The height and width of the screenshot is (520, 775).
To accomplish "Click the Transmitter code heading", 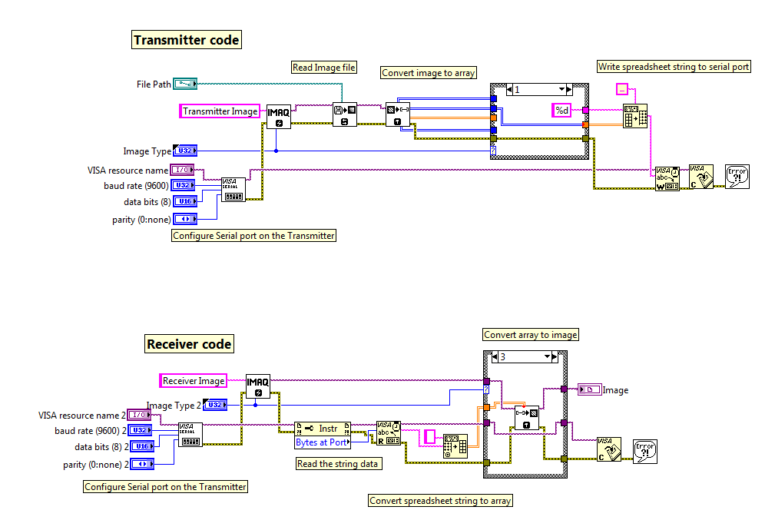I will click(187, 40).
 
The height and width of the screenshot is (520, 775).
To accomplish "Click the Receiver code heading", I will click(189, 344).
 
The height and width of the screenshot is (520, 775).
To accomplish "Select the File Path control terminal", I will click(185, 84).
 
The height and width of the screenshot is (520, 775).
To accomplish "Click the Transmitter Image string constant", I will click(220, 111).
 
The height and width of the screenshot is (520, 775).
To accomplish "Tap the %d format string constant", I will click(562, 111).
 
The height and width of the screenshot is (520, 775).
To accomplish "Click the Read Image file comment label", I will click(324, 68).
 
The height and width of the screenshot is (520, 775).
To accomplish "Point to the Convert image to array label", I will click(429, 73).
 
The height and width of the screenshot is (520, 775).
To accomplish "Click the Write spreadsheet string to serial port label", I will click(674, 67).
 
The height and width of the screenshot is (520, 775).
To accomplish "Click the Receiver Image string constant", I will click(194, 380).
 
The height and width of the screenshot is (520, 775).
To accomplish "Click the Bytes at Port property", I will click(321, 442).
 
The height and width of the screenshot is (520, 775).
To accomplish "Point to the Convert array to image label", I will click(531, 335).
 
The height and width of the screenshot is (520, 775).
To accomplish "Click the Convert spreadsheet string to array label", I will click(440, 500).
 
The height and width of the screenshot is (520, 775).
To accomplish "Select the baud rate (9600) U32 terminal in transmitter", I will click(184, 186).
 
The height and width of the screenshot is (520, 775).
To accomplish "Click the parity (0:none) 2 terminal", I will click(142, 464).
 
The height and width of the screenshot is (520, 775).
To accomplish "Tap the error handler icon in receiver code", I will click(644, 449).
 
